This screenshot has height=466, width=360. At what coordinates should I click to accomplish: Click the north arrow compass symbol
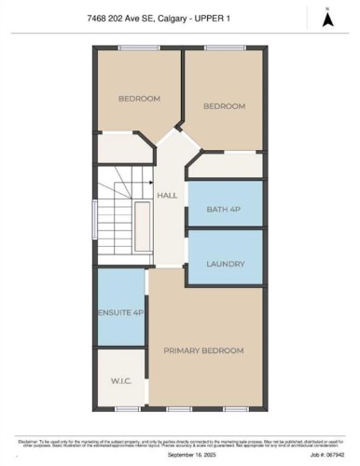pos(327,16)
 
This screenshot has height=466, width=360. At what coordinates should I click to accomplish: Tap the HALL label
pos(167,196)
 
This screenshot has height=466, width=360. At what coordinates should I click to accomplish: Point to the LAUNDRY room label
pos(225,265)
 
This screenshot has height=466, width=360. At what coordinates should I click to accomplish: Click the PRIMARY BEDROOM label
pos(203,350)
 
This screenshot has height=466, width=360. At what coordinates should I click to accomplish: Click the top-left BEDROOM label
pos(139,99)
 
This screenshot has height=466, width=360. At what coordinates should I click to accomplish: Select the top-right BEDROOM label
pos(224,106)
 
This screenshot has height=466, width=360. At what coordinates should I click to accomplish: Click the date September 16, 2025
pos(180,457)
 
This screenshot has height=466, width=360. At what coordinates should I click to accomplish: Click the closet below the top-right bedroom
pos(227,166)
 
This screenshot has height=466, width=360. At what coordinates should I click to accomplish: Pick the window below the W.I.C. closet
pos(128,408)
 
